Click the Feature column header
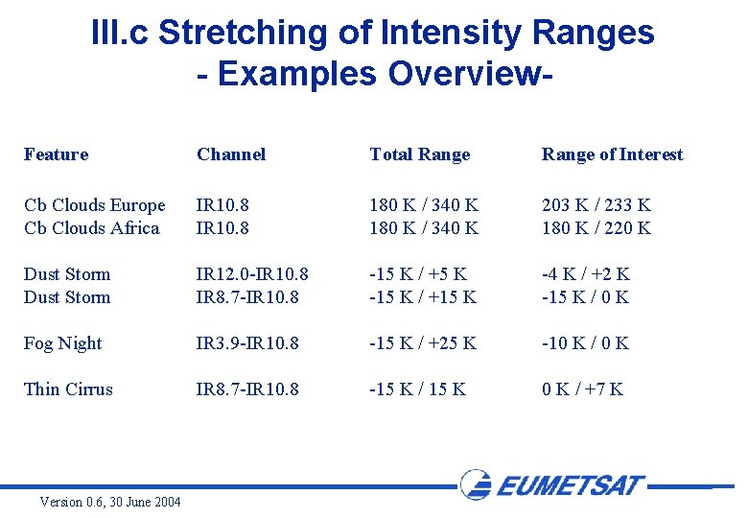[56, 154]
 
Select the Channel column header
[231, 154]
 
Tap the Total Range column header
[420, 154]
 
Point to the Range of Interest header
[612, 154]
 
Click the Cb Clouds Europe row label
[94, 205]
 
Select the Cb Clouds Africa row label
[91, 228]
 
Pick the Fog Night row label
[62, 343]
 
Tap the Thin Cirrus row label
[68, 389]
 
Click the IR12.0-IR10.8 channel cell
[252, 274]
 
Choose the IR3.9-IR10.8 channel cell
[247, 343]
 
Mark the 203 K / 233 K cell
[596, 205]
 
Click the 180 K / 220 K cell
[596, 228]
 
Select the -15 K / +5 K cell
[417, 274]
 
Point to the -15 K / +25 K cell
[422, 343]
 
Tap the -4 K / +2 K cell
[585, 274]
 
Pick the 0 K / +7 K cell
[582, 389]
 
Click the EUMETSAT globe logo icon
[477, 484]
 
